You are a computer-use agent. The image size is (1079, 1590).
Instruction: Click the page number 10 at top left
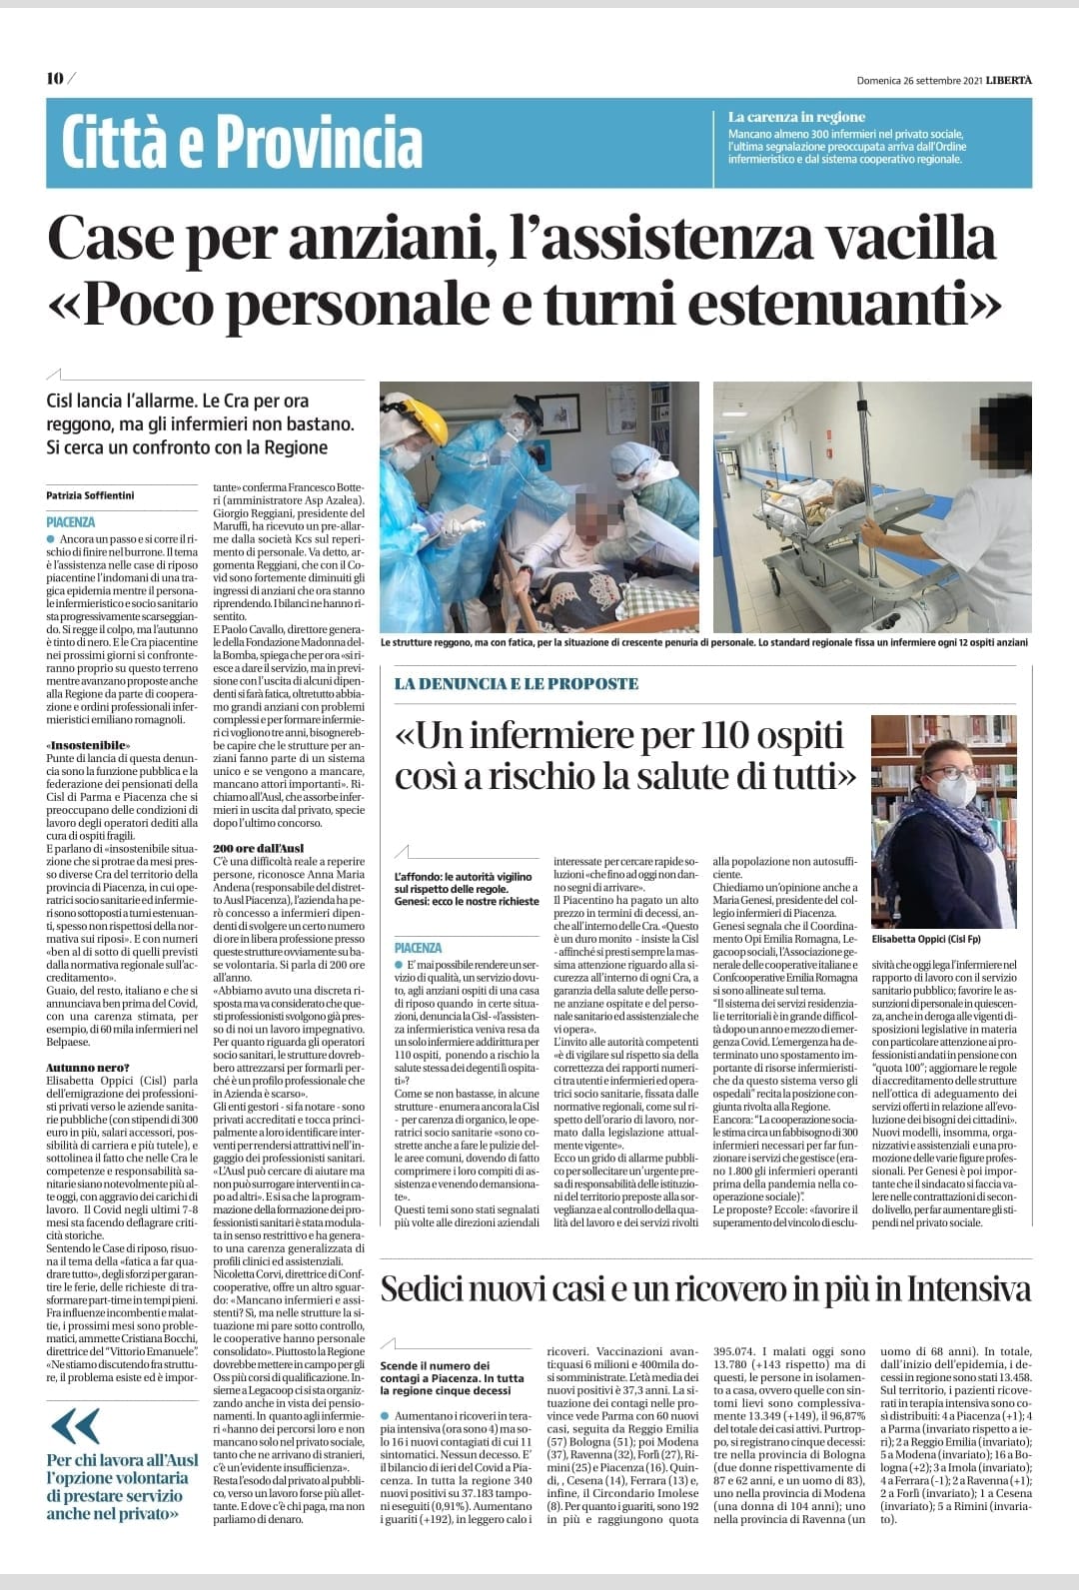coord(54,79)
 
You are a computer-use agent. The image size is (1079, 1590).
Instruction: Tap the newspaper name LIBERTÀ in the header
coord(1009,80)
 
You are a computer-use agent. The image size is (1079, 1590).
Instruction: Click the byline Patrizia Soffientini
coord(91,493)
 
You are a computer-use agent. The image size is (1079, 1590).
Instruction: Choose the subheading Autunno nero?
coord(87,1068)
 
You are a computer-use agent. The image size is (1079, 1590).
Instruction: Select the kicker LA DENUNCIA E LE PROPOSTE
coord(516,684)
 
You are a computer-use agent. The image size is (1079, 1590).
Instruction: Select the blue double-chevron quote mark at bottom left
coord(73,1422)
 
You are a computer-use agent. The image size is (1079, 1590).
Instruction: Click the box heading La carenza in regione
coord(796,117)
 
